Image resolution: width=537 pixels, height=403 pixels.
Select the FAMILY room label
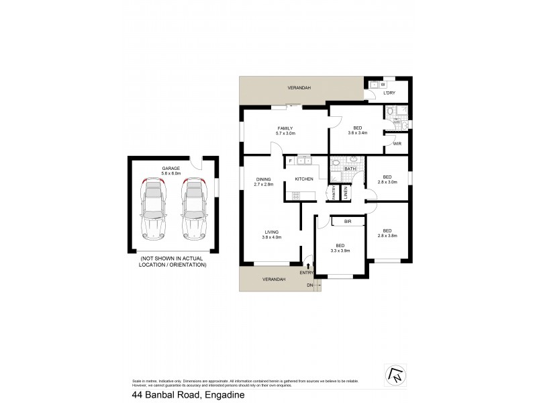click(286, 128)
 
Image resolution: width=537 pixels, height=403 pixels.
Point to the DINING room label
click(264, 179)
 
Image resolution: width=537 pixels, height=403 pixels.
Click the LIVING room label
click(272, 232)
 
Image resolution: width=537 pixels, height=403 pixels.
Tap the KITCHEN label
click(304, 179)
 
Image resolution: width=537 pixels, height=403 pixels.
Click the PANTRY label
click(333, 193)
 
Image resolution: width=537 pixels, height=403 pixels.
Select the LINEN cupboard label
click(346, 193)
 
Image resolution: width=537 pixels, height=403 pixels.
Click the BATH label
click(350, 169)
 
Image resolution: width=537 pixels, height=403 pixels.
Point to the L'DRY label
click(389, 93)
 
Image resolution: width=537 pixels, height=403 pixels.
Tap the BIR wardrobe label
click(348, 221)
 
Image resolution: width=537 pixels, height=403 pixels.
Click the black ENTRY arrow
click(308, 266)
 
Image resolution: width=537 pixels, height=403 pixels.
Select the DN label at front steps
click(310, 285)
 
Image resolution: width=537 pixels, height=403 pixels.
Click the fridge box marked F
click(290, 161)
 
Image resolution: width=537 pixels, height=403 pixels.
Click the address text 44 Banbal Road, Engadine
click(188, 396)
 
